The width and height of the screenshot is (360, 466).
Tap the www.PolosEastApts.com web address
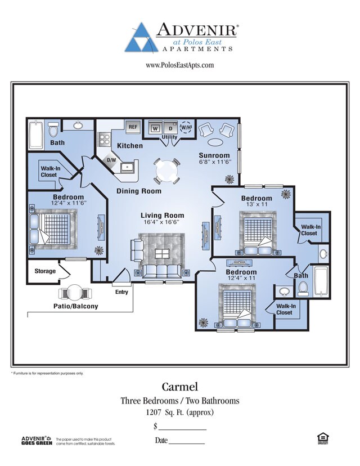(x=180, y=66)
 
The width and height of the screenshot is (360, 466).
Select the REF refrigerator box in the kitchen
(x=133, y=127)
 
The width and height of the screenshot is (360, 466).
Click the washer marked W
(x=155, y=128)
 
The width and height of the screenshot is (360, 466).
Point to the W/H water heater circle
(x=186, y=127)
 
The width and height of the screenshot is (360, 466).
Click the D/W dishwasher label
(x=112, y=160)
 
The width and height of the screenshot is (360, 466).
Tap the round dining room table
(x=167, y=169)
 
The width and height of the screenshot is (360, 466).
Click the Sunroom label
(x=214, y=155)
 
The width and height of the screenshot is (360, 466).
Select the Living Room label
(x=163, y=216)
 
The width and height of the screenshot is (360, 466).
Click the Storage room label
(x=45, y=271)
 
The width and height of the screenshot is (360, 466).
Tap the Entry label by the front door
(x=121, y=292)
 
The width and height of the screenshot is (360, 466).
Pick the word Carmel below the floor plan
(x=179, y=387)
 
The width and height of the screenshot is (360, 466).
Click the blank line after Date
(x=188, y=443)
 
